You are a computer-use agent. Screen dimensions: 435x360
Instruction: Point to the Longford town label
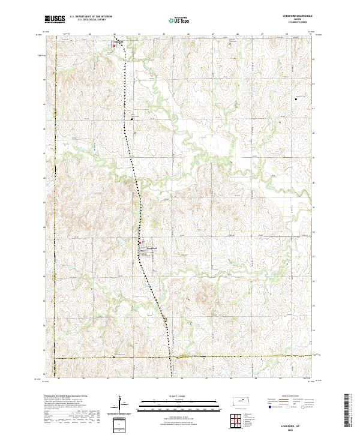151,248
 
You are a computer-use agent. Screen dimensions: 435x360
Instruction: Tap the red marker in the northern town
114,45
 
